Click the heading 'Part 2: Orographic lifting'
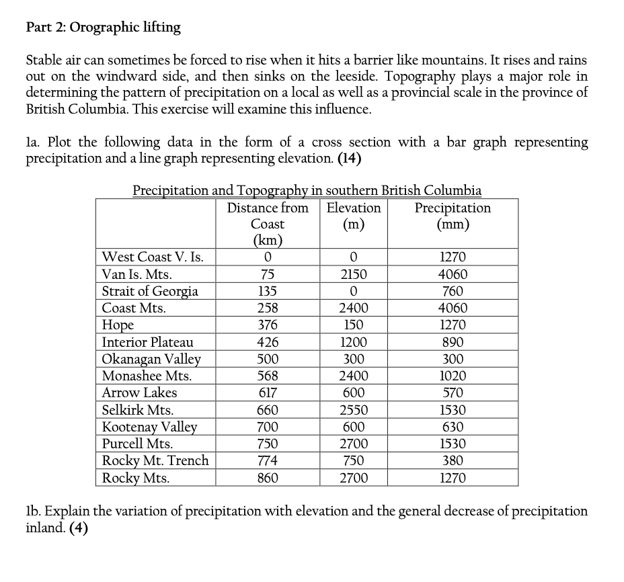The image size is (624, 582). pyautogui.click(x=103, y=28)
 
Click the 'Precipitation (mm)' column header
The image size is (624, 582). pyautogui.click(x=453, y=216)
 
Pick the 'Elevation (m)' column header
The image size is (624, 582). pyautogui.click(x=353, y=216)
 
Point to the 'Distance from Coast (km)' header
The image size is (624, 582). pyautogui.click(x=268, y=224)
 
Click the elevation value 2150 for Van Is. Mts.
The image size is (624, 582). pyautogui.click(x=353, y=274)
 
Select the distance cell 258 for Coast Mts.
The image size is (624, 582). pyautogui.click(x=268, y=308)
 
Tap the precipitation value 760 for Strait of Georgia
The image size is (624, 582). pyautogui.click(x=453, y=292)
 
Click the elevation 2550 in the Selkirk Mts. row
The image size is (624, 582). pyautogui.click(x=353, y=410)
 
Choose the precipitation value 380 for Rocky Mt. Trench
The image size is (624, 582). pyautogui.click(x=453, y=461)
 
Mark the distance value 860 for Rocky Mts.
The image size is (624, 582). pyautogui.click(x=268, y=478)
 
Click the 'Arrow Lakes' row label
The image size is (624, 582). pyautogui.click(x=139, y=392)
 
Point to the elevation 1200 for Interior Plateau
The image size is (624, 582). pyautogui.click(x=353, y=342)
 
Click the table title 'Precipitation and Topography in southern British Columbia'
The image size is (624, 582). pyautogui.click(x=307, y=190)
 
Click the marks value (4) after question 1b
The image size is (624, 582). pyautogui.click(x=79, y=528)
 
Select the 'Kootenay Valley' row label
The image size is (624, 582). pyautogui.click(x=149, y=427)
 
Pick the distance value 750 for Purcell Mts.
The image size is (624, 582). pyautogui.click(x=268, y=444)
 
